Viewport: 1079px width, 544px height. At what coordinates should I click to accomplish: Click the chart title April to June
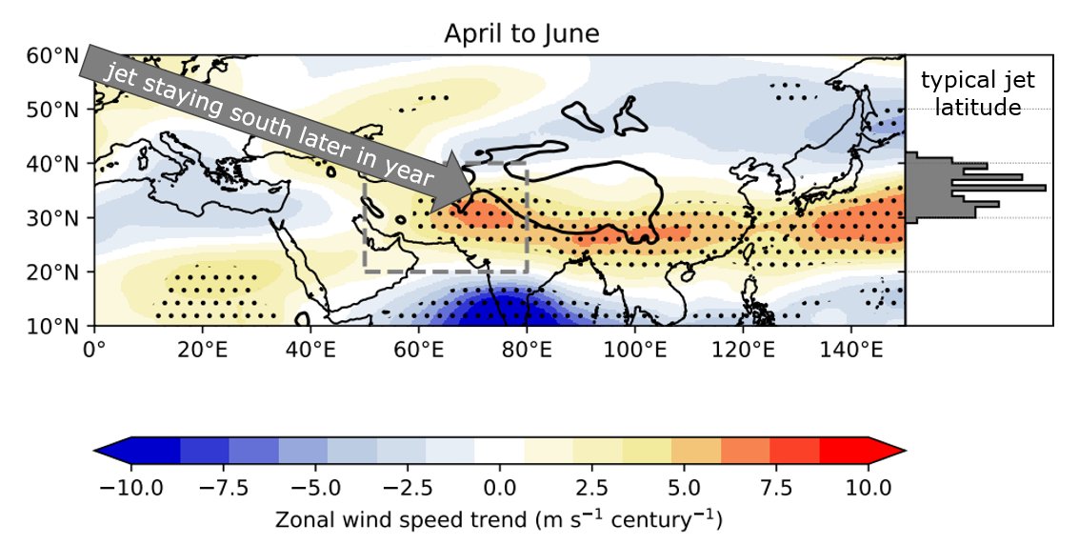pyautogui.click(x=521, y=34)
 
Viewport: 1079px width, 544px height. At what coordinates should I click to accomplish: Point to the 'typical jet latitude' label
pyautogui.click(x=978, y=94)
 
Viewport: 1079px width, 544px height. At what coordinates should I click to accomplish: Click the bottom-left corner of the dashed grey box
pyautogui.click(x=366, y=272)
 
